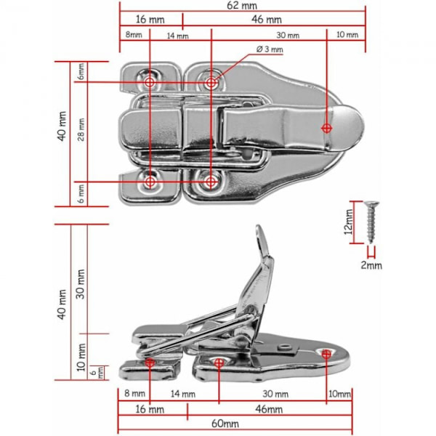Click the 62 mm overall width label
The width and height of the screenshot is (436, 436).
[242, 5]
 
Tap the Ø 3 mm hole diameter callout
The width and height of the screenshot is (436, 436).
[269, 49]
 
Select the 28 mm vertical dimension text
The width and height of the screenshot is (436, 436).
[81, 130]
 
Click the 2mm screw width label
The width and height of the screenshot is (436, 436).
[371, 265]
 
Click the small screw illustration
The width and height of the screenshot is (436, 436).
[371, 221]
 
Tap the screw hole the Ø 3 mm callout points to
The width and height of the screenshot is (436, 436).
[211, 83]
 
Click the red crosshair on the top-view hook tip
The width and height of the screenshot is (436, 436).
[326, 128]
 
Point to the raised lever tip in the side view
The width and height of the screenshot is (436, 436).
[261, 233]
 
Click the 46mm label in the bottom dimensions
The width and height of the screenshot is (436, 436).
[269, 410]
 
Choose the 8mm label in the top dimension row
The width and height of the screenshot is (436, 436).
[133, 35]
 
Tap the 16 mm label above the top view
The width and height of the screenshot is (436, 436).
[150, 19]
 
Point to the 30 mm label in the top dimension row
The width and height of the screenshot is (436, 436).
[288, 35]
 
